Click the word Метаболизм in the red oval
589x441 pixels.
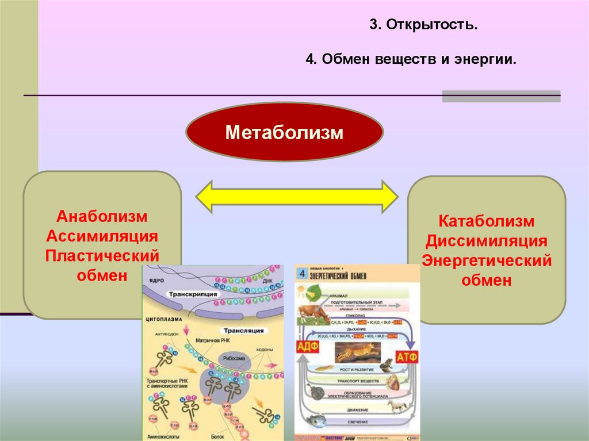pyautogui.click(x=284, y=133)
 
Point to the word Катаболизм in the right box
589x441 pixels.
pyautogui.click(x=487, y=221)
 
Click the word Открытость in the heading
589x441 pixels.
pyautogui.click(x=431, y=26)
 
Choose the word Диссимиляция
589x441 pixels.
pyautogui.click(x=487, y=241)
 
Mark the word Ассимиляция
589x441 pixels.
pyautogui.click(x=102, y=236)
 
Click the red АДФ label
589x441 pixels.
pyautogui.click(x=308, y=347)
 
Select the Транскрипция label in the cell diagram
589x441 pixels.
pyautogui.click(x=193, y=294)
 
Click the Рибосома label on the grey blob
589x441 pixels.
pyautogui.click(x=232, y=358)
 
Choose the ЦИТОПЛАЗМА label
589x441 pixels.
pyautogui.click(x=164, y=318)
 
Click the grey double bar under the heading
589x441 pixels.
pyautogui.click(x=500, y=95)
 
